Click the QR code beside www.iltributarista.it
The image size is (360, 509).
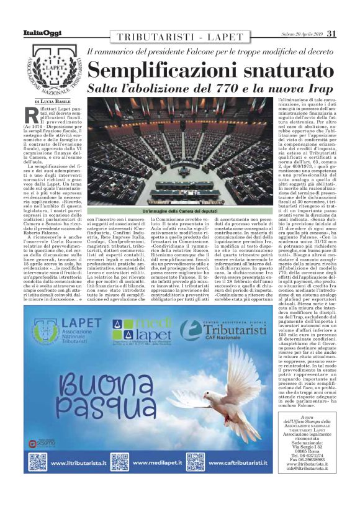click(x=38, y=462)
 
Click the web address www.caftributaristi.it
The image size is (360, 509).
click(x=235, y=462)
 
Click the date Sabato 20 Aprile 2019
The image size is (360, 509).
click(x=296, y=34)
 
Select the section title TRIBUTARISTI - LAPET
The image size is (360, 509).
click(x=178, y=37)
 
